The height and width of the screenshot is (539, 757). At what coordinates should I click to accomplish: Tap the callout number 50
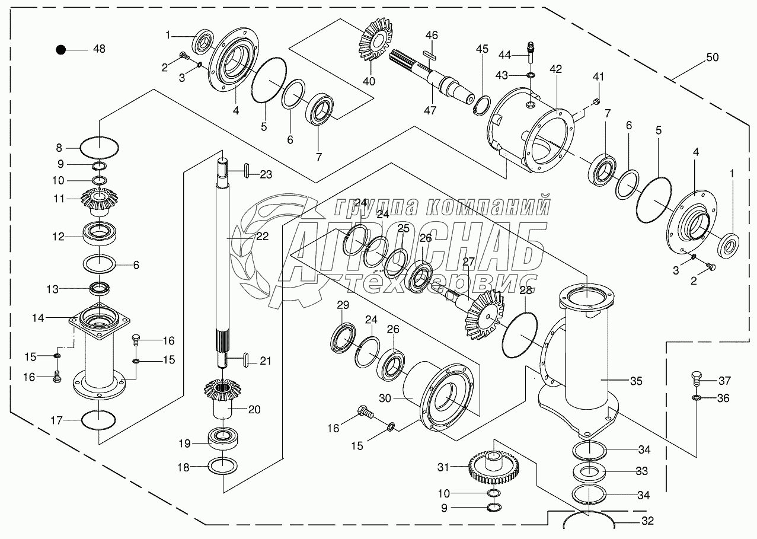[712, 58]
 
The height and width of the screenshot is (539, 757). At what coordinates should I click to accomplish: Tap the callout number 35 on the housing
[635, 381]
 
